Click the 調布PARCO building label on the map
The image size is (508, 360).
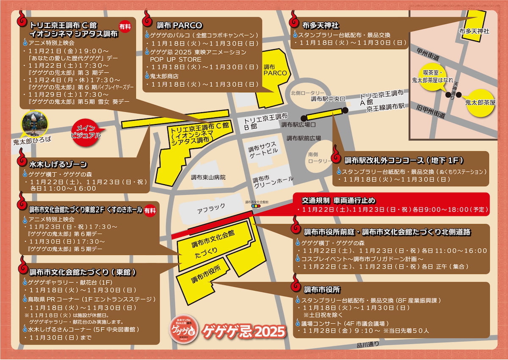[x=275, y=70]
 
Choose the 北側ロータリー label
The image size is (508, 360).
[x=308, y=93]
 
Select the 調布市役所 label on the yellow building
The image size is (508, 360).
[x=205, y=275]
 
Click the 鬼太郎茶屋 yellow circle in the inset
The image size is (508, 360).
[x=480, y=102]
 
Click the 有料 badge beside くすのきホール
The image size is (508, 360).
[x=149, y=210]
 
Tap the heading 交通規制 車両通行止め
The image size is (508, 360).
[x=338, y=200]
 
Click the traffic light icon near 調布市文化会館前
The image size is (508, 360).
[x=255, y=206]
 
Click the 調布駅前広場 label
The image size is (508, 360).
[x=304, y=138]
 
